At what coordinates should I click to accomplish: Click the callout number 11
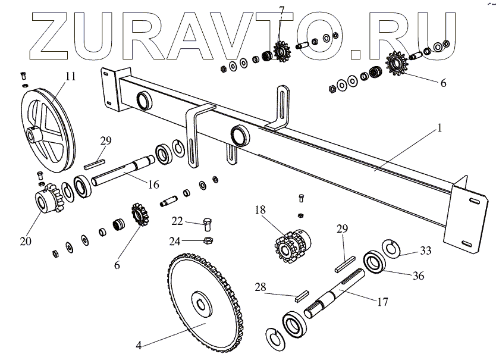pos(71,76)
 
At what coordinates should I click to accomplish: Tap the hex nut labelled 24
pos(208,240)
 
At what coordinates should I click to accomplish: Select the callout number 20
pos(25,242)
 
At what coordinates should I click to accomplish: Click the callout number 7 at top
pos(281,10)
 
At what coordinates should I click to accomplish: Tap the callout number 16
pos(153,184)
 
